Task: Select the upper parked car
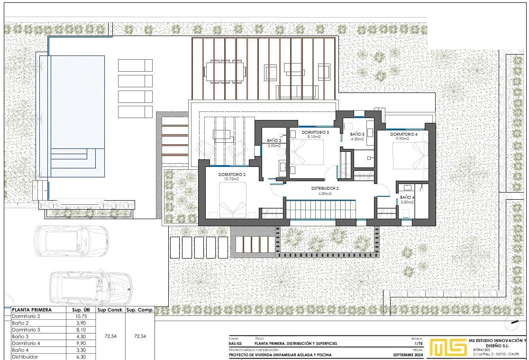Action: click(72, 241)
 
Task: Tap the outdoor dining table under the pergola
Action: click(225, 72)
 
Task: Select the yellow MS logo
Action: click(447, 347)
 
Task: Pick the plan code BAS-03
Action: click(235, 344)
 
